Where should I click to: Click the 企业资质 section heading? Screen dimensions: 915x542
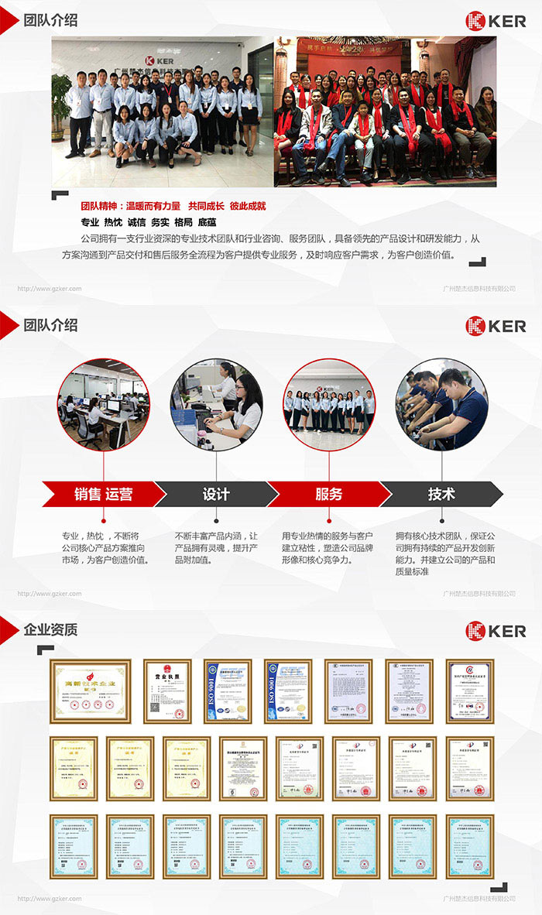(50, 629)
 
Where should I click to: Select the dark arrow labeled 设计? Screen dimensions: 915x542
(216, 494)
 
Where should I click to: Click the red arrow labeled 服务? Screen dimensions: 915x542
(328, 494)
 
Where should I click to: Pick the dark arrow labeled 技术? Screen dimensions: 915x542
(441, 494)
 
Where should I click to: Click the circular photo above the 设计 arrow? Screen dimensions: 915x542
(216, 405)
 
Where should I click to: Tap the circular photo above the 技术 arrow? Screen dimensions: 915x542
(441, 405)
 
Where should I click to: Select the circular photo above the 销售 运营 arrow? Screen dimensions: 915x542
(104, 405)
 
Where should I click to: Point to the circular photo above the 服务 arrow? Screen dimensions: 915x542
(329, 405)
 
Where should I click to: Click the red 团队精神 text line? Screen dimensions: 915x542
(173, 206)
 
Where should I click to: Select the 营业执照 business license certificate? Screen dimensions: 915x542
(167, 691)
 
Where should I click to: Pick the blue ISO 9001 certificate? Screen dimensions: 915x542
(228, 691)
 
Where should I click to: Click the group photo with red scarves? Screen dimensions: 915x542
(385, 111)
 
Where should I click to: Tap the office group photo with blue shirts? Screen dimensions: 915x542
(163, 111)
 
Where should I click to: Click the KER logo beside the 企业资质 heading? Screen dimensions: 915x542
(496, 631)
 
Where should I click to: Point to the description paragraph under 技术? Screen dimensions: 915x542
(444, 553)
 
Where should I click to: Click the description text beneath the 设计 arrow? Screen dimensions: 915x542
(216, 547)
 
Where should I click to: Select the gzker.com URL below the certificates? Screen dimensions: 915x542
(50, 899)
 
